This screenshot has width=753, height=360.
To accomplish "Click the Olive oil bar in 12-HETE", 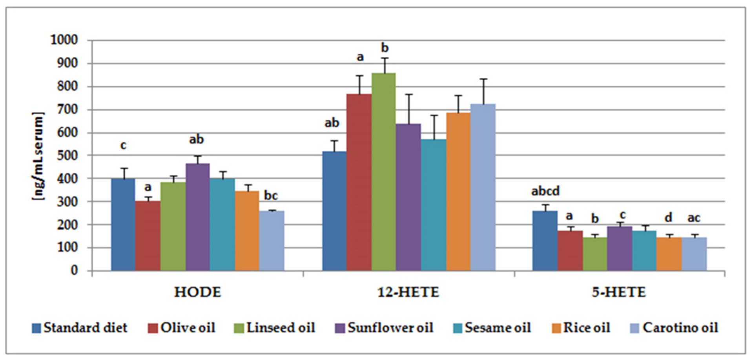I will tap(359, 182).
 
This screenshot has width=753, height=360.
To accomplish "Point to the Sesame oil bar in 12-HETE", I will tap(433, 205).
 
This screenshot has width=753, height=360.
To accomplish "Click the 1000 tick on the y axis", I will tap(64, 40).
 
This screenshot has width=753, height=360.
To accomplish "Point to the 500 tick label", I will tap(64, 155).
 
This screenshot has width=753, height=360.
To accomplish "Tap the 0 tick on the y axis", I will tap(74, 270).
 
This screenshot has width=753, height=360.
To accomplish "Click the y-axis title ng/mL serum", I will tap(38, 156).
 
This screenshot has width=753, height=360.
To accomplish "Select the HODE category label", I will tap(197, 292).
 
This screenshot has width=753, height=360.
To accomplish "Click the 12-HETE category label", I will tap(408, 292).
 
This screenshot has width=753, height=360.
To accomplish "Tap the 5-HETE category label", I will tap(619, 292).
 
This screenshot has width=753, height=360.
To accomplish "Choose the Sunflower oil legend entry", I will tap(385, 328).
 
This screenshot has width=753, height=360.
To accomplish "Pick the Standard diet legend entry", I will tap(80, 328).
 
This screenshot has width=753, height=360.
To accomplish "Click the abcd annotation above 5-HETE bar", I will tap(545, 191).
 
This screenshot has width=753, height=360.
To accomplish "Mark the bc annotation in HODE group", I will tap(271, 196).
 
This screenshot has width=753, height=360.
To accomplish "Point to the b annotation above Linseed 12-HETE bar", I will tap(385, 48).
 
